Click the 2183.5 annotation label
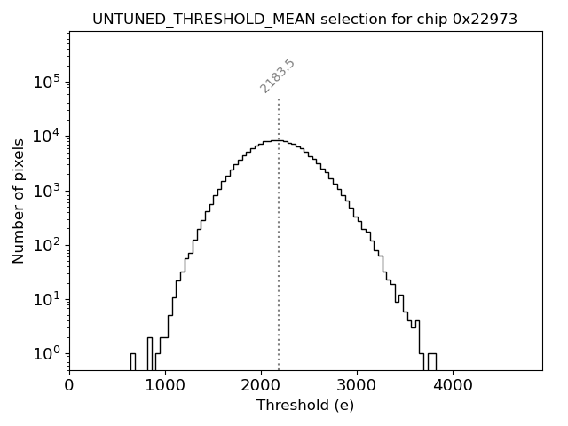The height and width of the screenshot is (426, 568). point(278,76)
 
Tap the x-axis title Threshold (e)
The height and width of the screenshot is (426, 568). point(305,406)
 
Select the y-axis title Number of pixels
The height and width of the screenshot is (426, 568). point(19,201)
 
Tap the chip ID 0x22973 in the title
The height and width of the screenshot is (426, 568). point(487,19)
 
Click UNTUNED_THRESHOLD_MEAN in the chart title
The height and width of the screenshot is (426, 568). point(177,19)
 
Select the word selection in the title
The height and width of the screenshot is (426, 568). point(299,19)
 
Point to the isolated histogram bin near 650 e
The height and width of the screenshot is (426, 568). point(132,361)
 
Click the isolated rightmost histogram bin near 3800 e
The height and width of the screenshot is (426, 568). point(431,361)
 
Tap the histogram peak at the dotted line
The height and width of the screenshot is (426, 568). point(278,140)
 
